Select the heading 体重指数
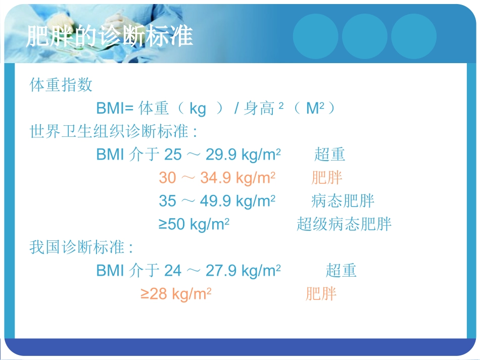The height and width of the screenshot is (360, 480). point(61,85)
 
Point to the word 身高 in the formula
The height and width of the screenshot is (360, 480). point(258,108)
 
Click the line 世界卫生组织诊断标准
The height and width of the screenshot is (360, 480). point(113,131)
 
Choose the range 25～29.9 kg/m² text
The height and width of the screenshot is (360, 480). point(223,155)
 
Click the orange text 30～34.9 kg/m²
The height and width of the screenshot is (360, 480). point(217,178)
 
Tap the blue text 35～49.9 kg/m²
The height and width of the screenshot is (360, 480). point(217,201)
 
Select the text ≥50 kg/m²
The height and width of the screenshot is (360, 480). point(195,224)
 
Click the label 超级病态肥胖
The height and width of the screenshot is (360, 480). point(344,224)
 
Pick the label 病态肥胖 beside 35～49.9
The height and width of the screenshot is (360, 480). point(343,201)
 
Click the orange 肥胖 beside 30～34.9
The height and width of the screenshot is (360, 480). point(327,178)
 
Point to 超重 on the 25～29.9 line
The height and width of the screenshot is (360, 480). point(329,155)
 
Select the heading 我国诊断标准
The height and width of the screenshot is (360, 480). point(81,247)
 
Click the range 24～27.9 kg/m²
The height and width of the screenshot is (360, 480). point(223,271)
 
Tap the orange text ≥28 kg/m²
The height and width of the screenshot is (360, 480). point(176,294)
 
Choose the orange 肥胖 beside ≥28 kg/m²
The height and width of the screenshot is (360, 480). point(321,294)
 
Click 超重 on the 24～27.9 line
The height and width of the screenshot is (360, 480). point(341,271)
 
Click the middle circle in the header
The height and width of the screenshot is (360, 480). point(364,35)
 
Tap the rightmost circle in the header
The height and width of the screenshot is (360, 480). point(413,35)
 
